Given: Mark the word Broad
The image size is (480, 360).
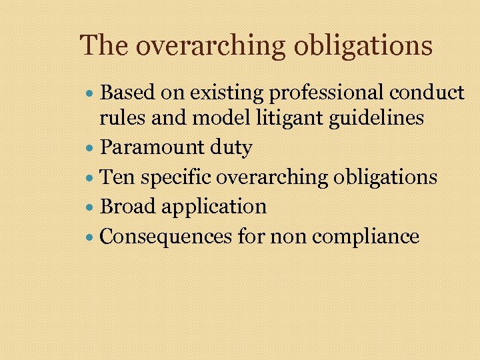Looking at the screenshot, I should tap(124, 206).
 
